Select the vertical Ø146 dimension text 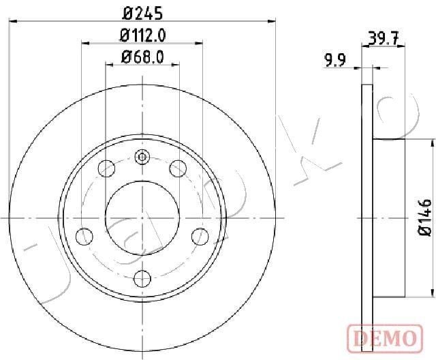426,217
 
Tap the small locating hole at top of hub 142,157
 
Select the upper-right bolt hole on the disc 178,167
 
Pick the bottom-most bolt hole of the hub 142,277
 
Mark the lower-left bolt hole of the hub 84,236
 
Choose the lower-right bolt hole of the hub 200,236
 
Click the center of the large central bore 142,217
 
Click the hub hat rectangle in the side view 389,217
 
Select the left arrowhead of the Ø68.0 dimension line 109,66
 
